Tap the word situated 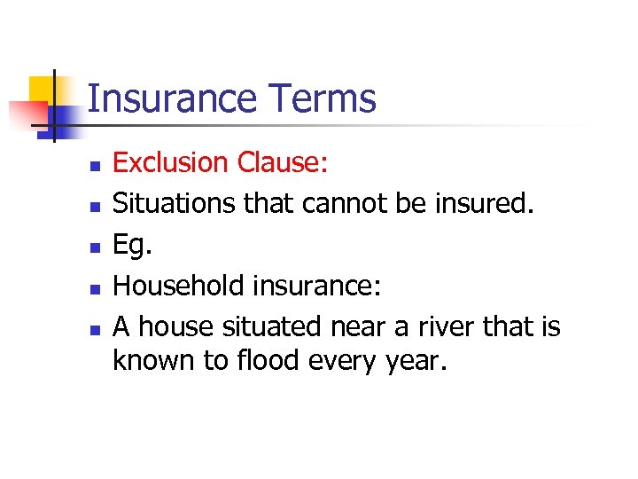coord(275,327)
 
